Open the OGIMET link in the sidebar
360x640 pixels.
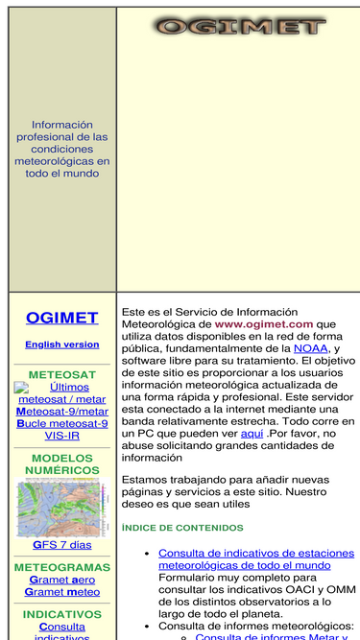[x=62, y=318]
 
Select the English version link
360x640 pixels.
[x=62, y=344]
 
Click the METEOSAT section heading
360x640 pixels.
[x=62, y=374]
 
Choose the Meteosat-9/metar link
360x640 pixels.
[x=62, y=411]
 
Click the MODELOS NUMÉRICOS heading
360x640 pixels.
[x=62, y=464]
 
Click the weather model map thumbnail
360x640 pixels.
[x=62, y=509]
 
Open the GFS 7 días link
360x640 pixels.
[x=62, y=545]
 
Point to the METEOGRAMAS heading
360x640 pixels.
[x=62, y=567]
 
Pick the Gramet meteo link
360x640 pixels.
[x=62, y=593]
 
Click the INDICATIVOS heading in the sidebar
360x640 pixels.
[x=62, y=614]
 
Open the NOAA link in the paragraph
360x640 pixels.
[x=310, y=349]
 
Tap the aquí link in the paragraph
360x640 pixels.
[x=252, y=434]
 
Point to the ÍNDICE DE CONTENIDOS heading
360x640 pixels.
[x=182, y=528]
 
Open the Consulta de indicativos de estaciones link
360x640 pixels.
[x=257, y=559]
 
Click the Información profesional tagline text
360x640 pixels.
[x=62, y=149]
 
